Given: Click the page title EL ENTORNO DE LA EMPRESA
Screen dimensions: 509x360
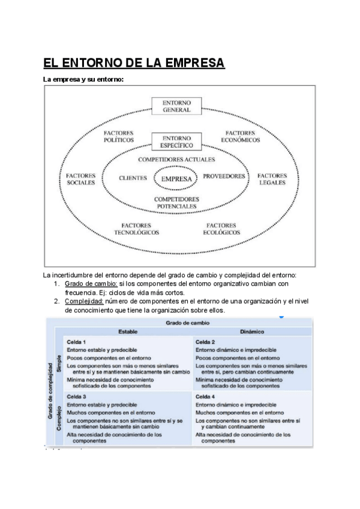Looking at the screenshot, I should coord(134,63).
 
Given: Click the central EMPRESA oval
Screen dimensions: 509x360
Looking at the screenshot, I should coord(176,178).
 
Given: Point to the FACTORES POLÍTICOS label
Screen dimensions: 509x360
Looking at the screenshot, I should coord(118,136).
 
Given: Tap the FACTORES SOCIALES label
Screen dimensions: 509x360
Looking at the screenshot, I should coord(81,179).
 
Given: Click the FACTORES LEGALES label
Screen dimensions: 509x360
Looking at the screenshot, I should coord(272,179).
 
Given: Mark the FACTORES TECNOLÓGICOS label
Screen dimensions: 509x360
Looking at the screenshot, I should coord(137,228).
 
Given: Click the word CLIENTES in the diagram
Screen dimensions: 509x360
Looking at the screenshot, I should coord(133,178).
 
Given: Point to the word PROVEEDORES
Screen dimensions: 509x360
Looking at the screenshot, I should coord(224,176).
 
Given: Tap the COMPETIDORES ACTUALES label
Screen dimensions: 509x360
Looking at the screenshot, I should coord(176,160).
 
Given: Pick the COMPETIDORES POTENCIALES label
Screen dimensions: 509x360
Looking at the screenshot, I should coord(176,202).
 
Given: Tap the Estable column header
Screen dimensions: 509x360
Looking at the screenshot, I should coord(128,331).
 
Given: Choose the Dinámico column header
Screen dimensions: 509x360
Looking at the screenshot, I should coord(252,331).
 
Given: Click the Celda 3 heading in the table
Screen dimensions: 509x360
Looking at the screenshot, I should coord(76,397).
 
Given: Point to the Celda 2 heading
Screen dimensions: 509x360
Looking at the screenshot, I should coord(205,342).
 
